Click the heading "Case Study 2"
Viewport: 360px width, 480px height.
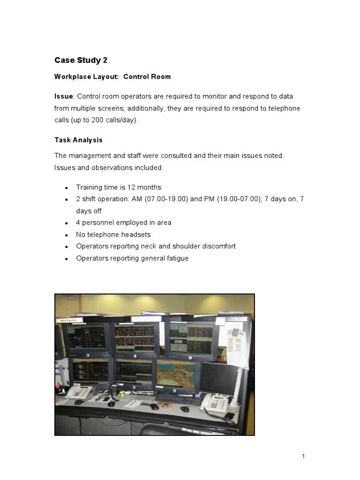pyautogui.click(x=78, y=60)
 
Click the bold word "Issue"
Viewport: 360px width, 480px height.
pyautogui.click(x=63, y=96)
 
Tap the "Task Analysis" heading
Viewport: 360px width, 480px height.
pyautogui.click(x=78, y=140)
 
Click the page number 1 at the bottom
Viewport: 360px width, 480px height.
pyautogui.click(x=303, y=456)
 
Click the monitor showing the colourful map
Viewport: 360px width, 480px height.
pyautogui.click(x=175, y=375)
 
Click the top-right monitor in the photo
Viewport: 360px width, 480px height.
pyautogui.click(x=191, y=338)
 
